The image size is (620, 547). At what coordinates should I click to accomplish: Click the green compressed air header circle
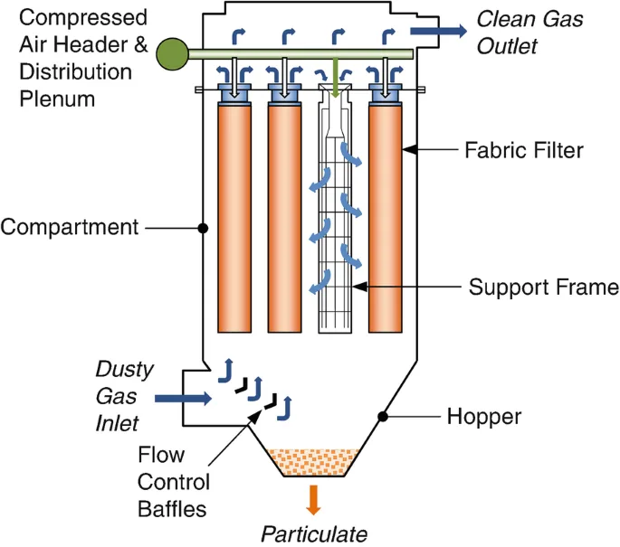(172, 54)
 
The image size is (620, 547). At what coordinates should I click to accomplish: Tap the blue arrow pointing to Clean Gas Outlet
(437, 32)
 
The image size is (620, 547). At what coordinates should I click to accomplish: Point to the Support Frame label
(543, 288)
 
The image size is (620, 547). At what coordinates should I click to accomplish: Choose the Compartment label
(70, 226)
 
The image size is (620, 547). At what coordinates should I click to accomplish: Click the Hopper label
(484, 417)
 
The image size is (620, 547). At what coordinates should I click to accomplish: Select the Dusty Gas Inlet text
(125, 396)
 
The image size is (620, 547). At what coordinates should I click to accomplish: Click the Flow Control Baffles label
(174, 481)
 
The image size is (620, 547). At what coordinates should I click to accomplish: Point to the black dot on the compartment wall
(203, 227)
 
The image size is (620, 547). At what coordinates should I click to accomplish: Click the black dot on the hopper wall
(384, 417)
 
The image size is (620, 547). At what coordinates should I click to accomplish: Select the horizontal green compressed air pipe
(299, 55)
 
